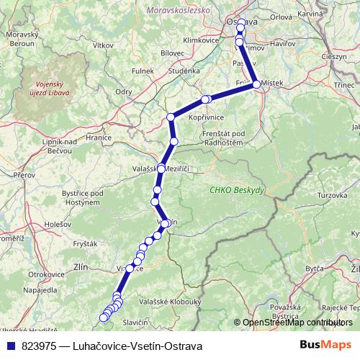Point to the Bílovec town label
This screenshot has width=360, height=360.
(172, 53)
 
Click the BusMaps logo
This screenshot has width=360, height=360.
(325, 345)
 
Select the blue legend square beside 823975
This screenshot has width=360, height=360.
(9, 346)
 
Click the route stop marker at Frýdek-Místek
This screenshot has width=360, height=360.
(256, 84)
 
